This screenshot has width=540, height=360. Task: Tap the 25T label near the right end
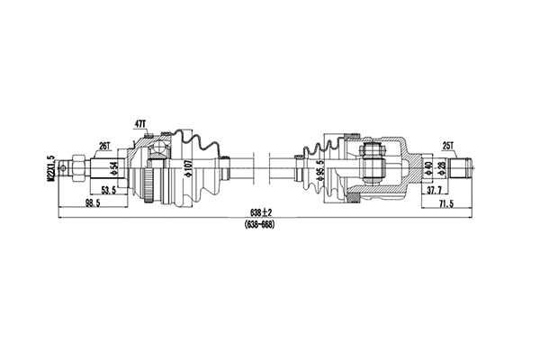(447, 144)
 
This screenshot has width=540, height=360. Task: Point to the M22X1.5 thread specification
(53, 168)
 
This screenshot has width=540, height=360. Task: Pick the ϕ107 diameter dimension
(186, 168)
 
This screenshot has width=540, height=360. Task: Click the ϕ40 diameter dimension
(429, 167)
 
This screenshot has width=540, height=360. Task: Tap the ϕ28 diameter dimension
(442, 167)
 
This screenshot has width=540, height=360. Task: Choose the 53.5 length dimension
(110, 191)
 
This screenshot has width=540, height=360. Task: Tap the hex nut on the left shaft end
(78, 167)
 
